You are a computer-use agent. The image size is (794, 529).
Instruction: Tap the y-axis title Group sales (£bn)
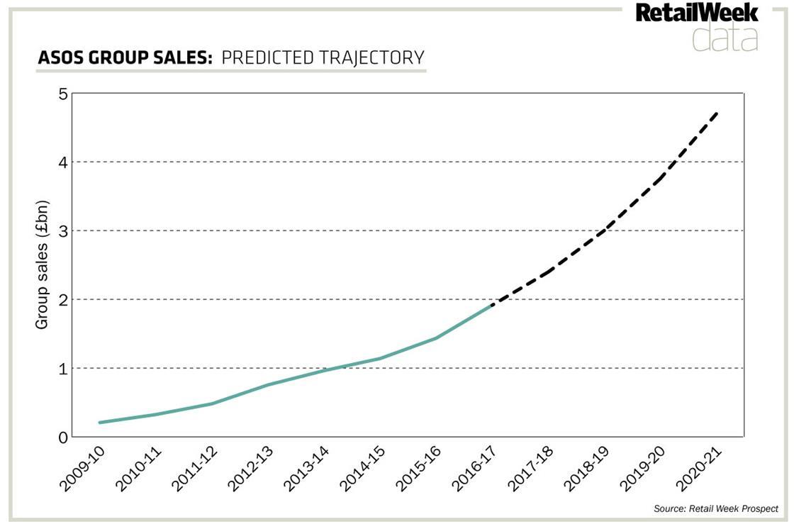(x=43, y=266)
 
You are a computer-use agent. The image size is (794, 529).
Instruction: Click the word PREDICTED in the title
(x=259, y=57)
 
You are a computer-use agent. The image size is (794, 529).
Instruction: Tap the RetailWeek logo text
(x=696, y=13)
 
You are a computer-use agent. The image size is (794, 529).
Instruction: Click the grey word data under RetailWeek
(x=725, y=38)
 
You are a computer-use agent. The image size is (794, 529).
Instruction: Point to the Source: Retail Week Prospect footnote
(x=716, y=508)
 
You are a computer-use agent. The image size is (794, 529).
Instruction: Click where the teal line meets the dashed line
(x=491, y=305)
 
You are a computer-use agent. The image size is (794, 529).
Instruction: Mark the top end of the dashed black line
(x=718, y=111)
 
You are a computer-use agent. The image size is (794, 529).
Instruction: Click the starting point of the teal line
(x=100, y=423)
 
